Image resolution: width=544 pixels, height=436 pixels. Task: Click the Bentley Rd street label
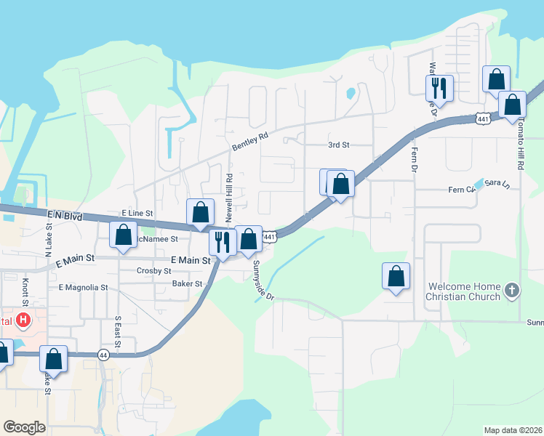[x=250, y=141]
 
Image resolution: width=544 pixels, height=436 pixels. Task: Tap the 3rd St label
[x=339, y=145]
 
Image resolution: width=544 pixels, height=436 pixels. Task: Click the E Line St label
[x=137, y=213]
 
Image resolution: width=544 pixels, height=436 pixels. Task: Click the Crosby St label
[x=153, y=270]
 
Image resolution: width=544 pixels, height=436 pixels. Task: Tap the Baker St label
[x=187, y=283]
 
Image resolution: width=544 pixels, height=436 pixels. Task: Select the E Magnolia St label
[x=83, y=288]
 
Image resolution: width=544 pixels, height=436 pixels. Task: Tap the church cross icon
[x=513, y=291]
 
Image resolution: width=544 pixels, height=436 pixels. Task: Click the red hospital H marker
[x=24, y=319]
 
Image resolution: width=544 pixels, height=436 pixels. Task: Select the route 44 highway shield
[x=104, y=354]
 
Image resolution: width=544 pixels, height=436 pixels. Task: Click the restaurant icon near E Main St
[x=222, y=242]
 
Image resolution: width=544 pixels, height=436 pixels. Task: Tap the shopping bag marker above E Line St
[x=201, y=212]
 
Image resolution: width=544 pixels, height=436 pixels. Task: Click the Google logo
[x=24, y=427]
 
